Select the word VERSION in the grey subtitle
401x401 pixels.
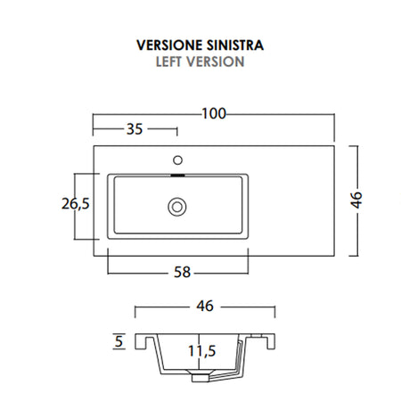[217, 62]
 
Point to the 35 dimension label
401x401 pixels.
[135, 129]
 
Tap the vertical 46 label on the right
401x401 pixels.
[357, 200]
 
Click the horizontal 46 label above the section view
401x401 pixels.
[204, 307]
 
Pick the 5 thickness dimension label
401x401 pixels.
[119, 340]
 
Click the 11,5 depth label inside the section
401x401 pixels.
[202, 351]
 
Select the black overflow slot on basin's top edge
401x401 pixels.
[178, 176]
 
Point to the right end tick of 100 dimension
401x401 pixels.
[334, 114]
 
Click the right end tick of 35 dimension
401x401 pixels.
[178, 130]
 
